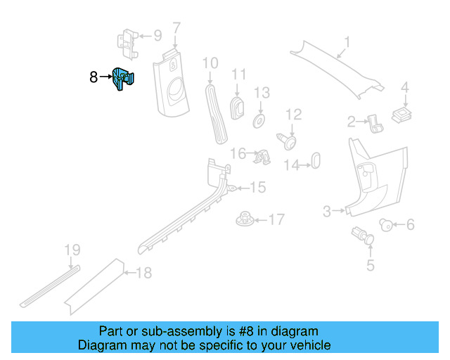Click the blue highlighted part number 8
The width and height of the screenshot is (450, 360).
coord(124,79)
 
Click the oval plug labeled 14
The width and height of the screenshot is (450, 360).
coord(315,160)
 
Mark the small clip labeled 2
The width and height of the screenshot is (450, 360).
coord(375,124)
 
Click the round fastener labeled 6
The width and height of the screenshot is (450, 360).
coord(385,224)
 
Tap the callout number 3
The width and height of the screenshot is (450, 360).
coord(327,211)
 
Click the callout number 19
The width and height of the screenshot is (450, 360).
coord(72,250)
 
